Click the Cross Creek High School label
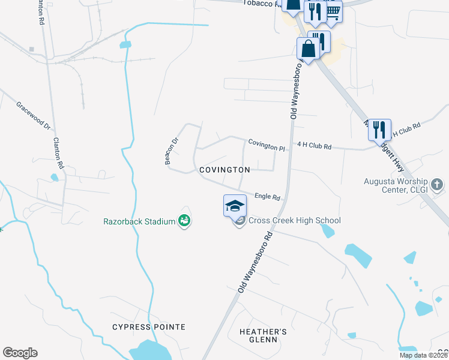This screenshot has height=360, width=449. [294, 220]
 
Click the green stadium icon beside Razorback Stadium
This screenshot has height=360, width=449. [185, 221]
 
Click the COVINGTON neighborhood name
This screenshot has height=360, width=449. [224, 170]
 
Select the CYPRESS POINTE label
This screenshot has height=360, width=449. [149, 327]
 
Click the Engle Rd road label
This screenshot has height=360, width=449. [268, 196]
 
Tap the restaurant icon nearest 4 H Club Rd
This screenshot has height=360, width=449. [379, 129]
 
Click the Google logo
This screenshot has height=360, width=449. [20, 353]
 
